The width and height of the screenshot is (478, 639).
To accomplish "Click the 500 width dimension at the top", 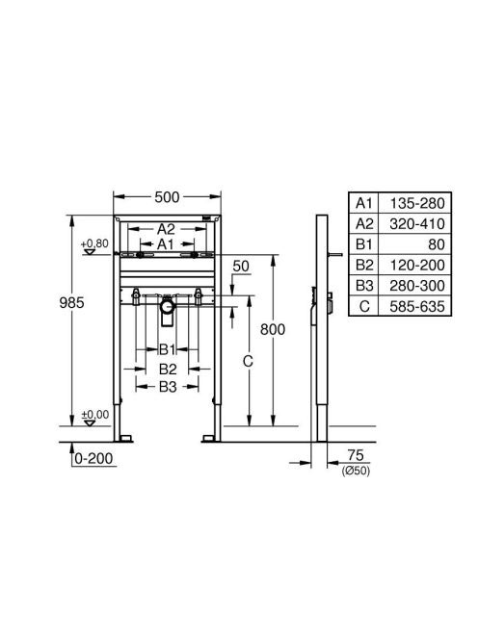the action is point(167,197).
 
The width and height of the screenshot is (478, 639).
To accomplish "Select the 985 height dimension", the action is point(72,303).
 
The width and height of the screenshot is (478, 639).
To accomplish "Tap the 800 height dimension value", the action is point(273,329).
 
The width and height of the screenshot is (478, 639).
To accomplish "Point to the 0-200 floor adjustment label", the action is point(93,458).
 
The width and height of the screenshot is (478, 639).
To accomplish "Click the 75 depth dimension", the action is point(356,455).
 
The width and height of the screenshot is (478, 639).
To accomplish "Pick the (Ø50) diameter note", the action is point(356,471).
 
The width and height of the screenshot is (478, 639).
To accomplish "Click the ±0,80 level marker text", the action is point(94,243).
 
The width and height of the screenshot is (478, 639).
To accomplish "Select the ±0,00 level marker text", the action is point(95,415).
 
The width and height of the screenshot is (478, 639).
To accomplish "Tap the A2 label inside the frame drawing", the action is point(166,229).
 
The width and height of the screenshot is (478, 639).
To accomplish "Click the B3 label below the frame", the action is point(168,387).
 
